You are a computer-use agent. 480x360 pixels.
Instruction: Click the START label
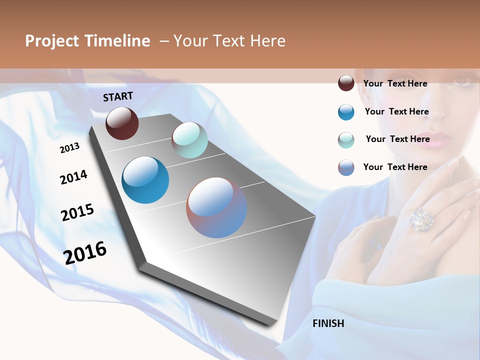click(x=118, y=96)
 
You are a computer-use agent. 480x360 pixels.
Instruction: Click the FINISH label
click(x=328, y=323)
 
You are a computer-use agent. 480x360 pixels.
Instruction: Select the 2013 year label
click(x=70, y=147)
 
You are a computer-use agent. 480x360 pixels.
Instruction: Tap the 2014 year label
click(x=73, y=177)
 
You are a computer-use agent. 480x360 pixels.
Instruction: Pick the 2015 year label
click(x=77, y=212)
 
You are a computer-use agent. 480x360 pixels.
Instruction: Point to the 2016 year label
click(x=85, y=252)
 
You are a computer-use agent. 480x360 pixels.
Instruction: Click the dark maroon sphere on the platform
click(x=122, y=123)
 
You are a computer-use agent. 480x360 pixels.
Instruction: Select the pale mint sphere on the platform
click(x=189, y=140)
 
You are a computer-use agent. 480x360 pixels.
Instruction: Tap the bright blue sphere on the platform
click(x=145, y=180)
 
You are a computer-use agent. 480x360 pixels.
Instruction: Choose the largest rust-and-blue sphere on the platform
click(x=216, y=207)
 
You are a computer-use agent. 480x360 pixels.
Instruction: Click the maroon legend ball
click(x=346, y=83)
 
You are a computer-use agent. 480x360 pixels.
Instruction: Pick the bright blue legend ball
click(x=346, y=112)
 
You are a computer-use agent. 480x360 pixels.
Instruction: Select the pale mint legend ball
click(x=346, y=140)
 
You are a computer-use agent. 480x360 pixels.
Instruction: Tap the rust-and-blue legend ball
click(x=346, y=167)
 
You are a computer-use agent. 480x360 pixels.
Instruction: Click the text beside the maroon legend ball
click(x=395, y=83)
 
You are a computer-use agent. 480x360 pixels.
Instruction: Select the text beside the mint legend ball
click(x=397, y=139)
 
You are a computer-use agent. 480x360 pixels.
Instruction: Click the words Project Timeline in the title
click(x=87, y=41)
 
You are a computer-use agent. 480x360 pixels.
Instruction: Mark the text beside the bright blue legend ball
click(x=396, y=111)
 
